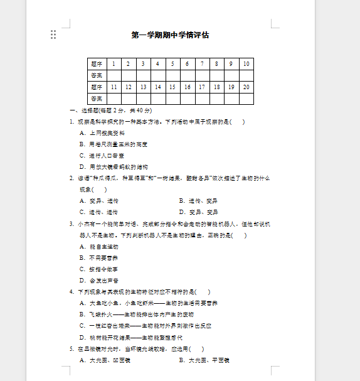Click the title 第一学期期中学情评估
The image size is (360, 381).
pyautogui.click(x=170, y=35)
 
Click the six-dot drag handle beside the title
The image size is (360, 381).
pyautogui.click(x=53, y=35)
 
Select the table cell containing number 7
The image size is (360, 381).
pyautogui.click(x=201, y=64)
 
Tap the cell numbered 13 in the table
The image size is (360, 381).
pyautogui.click(x=143, y=87)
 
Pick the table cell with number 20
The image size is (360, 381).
pyautogui.click(x=246, y=87)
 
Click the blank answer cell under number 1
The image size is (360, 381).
pyautogui.click(x=114, y=75)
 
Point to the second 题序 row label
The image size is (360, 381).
pyautogui.click(x=97, y=87)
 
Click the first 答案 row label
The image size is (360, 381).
pyautogui.click(x=97, y=75)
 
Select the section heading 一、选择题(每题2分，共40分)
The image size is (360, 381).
pyautogui.click(x=110, y=110)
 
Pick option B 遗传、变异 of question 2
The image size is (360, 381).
pyautogui.click(x=198, y=201)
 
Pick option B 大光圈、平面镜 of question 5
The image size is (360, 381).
pyautogui.click(x=204, y=360)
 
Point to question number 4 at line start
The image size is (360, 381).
pyautogui.click(x=71, y=292)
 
